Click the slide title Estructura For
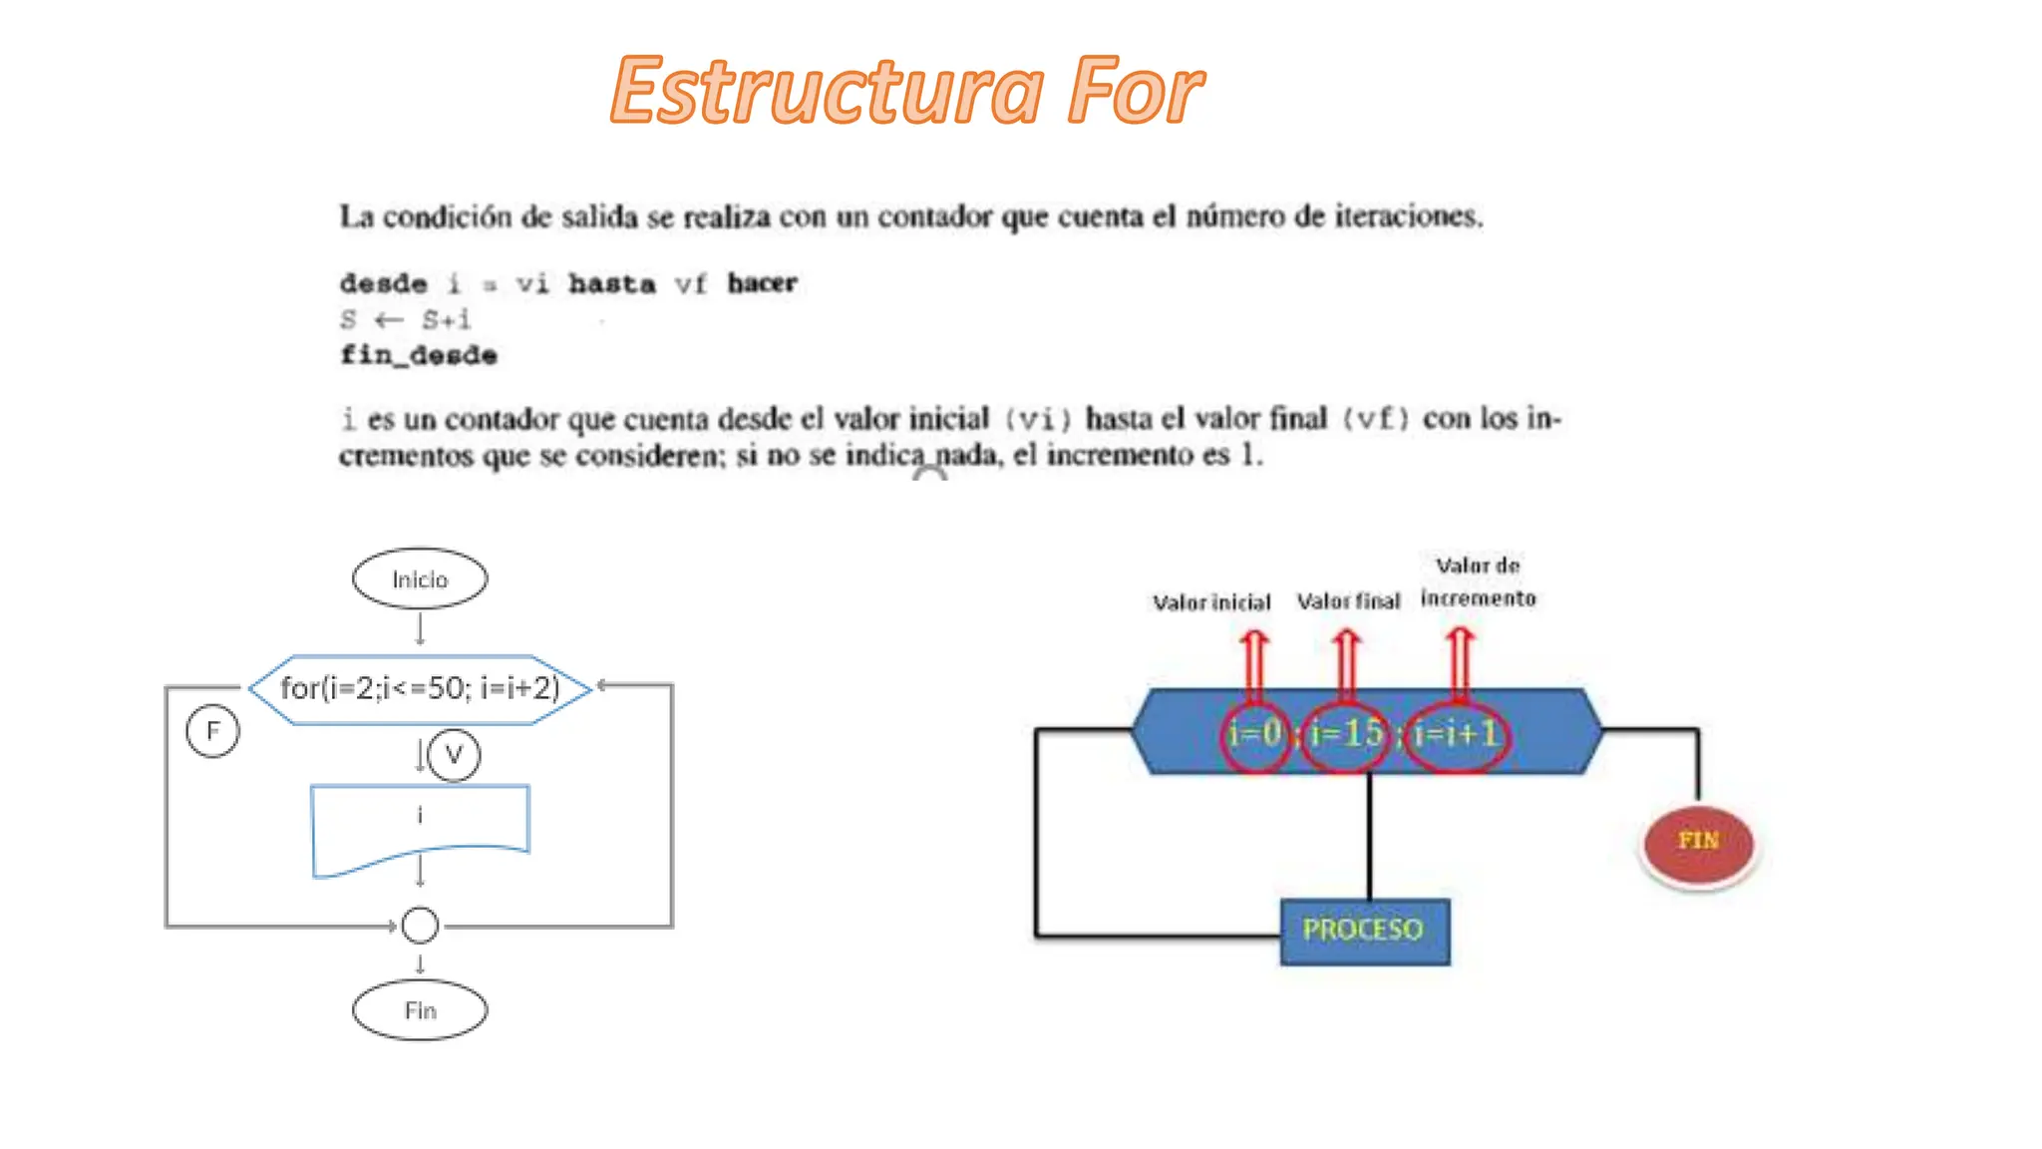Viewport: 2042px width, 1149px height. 907,92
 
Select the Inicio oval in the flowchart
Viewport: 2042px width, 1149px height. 420,578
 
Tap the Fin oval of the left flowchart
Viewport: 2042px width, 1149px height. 420,1010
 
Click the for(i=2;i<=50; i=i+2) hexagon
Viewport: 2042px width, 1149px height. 420,688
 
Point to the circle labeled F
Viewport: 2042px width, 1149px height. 212,731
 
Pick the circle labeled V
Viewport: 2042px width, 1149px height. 454,755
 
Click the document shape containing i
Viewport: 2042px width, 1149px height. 420,823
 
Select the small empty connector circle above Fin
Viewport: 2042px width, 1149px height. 420,926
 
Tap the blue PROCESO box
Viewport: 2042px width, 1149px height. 1364,931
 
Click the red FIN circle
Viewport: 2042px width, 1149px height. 1698,843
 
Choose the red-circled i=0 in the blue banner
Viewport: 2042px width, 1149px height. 1255,735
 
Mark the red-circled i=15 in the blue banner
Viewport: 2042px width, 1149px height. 1346,735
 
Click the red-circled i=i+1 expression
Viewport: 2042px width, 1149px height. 1456,735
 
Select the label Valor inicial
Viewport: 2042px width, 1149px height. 1211,602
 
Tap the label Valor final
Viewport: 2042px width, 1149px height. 1348,601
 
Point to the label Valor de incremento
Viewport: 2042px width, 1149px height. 1478,581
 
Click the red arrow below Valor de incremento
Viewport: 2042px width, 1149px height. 1460,663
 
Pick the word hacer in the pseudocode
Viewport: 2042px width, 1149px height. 762,283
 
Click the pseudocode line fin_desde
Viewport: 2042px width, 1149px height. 419,355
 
